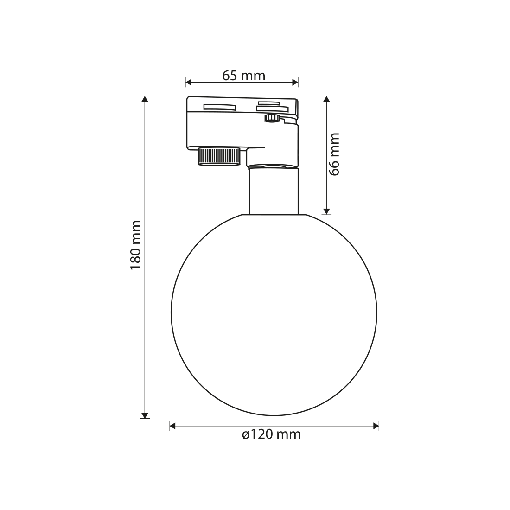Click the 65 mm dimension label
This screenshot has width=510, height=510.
(x=243, y=76)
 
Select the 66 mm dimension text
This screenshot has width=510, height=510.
(x=334, y=154)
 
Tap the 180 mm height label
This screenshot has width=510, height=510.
(x=136, y=245)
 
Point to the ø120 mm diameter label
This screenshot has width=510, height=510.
(x=271, y=434)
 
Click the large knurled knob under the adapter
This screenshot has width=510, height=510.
(x=219, y=157)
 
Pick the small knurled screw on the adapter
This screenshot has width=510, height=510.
(x=272, y=118)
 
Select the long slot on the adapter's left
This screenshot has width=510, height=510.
(x=220, y=107)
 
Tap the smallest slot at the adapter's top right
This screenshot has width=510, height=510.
(x=268, y=103)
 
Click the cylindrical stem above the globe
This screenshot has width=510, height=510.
(x=274, y=191)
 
